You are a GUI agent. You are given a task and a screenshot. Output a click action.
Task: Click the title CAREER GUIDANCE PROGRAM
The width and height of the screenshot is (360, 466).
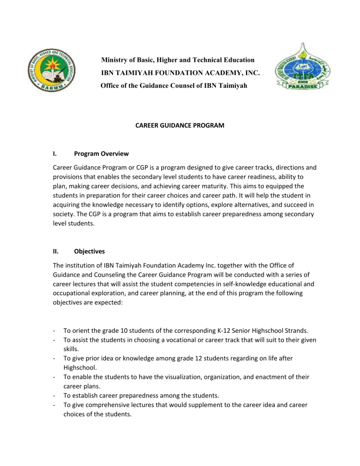(x=180, y=125)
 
